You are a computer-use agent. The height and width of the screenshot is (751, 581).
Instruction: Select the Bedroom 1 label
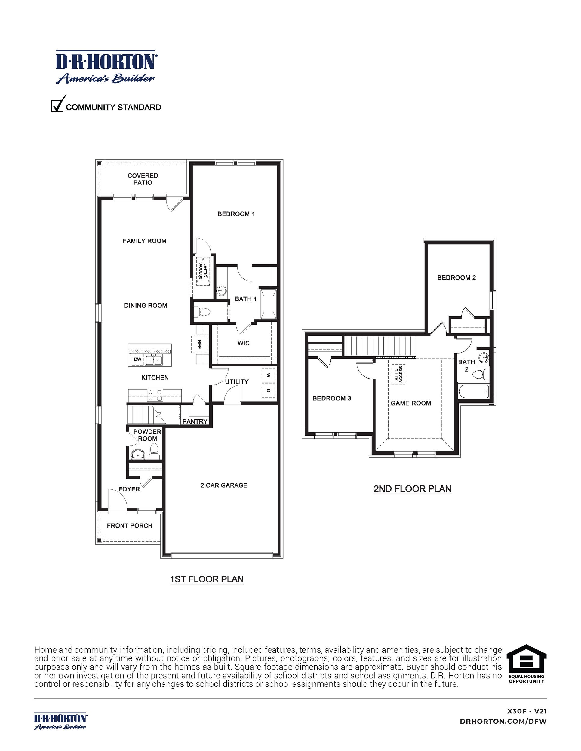pos(236,214)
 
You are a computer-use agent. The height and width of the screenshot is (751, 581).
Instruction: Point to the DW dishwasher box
pos(138,359)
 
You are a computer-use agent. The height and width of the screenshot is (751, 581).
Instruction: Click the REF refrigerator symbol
pos(199,344)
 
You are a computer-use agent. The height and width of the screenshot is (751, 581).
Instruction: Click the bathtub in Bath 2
pos(474,391)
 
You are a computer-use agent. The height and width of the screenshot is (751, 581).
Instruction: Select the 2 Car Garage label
pos(224,485)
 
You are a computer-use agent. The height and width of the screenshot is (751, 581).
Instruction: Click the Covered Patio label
pos(143,179)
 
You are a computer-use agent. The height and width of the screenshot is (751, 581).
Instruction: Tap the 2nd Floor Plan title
pos(412,489)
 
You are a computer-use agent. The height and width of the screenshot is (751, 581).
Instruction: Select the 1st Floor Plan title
pos(207,579)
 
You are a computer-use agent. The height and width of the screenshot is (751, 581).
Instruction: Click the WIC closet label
pos(243,343)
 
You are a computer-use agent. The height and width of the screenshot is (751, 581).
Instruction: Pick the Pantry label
pos(195,421)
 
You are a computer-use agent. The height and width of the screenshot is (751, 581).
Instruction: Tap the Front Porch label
pos(129,525)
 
